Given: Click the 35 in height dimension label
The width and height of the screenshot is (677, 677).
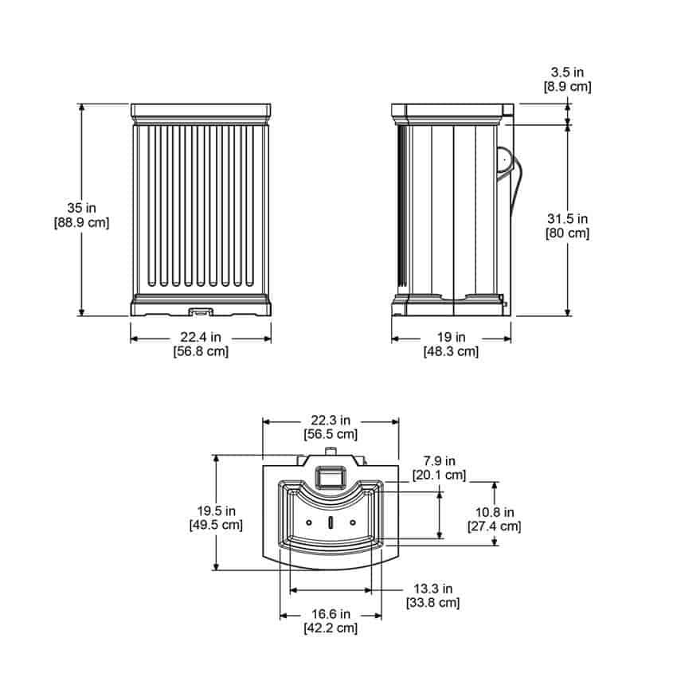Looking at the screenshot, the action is tap(81, 208).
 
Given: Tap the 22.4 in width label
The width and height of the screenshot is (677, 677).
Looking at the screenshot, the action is tap(201, 337).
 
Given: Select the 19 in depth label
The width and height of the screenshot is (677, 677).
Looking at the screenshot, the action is tap(451, 337).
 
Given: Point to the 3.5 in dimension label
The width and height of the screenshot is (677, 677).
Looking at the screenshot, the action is tap(567, 72).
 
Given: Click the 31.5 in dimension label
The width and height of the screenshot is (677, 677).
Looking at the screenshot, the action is tap(568, 219).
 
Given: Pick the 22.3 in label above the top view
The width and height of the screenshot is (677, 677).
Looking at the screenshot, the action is tap(331, 420).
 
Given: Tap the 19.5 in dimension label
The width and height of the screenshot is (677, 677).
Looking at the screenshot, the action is tap(217, 511).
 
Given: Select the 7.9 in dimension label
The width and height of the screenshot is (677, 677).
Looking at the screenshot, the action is tap(439, 461).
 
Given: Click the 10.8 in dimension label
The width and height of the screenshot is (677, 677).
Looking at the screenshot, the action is tap(495, 512).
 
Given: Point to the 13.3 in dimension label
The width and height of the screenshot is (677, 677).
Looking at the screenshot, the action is tap(433, 589).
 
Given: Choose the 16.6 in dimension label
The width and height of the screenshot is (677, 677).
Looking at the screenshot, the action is tap(331, 614).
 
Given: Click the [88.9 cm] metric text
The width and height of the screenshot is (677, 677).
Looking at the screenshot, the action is tap(81, 223).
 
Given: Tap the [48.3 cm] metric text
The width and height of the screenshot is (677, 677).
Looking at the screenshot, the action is tap(451, 351).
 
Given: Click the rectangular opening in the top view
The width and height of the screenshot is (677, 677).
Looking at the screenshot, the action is tap(331, 478).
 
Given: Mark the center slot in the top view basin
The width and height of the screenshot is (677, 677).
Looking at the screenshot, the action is tap(331, 522).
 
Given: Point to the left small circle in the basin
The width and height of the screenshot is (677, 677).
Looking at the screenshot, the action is tap(309, 522).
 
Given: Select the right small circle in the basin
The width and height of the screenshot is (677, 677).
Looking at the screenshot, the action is tap(353, 522).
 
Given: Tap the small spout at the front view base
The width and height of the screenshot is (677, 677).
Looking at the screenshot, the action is tap(201, 311).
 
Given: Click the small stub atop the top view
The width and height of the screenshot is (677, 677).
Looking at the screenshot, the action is tap(331, 451).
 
